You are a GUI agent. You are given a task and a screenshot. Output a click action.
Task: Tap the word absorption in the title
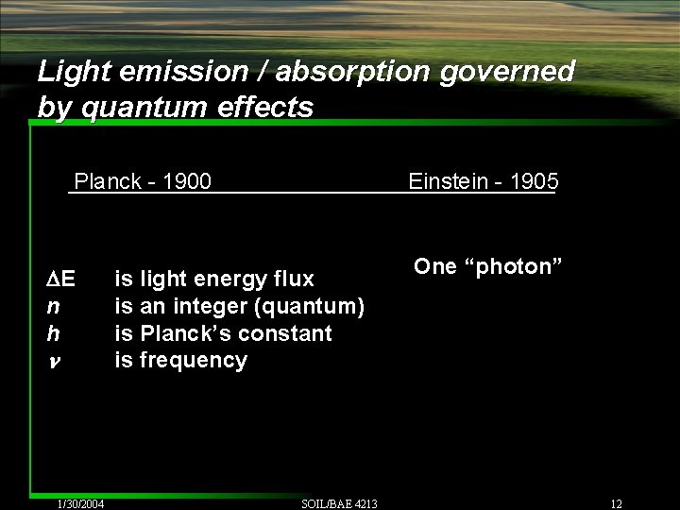point(329,71)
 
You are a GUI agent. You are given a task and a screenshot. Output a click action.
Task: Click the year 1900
point(187,180)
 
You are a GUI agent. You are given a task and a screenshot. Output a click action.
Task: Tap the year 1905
point(534,180)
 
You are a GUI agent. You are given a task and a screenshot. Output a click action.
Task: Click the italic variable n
point(53,306)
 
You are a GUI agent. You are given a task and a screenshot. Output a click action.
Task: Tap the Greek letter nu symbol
point(53,361)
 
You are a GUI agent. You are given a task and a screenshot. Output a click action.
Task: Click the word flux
point(293,279)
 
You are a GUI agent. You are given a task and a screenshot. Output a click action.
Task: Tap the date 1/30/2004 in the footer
point(80,503)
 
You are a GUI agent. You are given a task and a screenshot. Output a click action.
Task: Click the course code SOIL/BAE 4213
point(339,503)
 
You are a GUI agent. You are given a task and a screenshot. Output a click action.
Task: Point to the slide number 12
point(617,503)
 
